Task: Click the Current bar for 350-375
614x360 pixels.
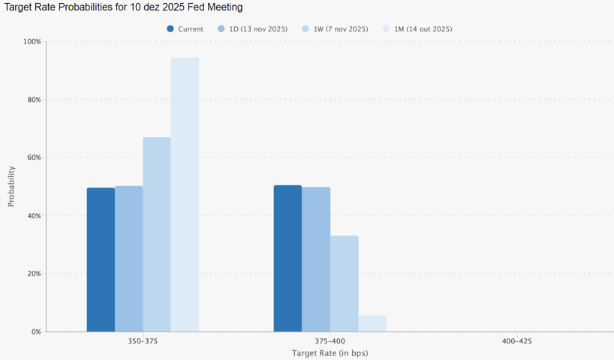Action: [101, 259]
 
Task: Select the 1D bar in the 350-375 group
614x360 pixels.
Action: [128, 259]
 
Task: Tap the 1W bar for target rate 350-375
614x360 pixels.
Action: [157, 234]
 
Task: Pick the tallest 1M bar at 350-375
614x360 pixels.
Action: [185, 194]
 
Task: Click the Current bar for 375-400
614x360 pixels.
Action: [287, 258]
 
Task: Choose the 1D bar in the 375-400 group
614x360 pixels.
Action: [316, 259]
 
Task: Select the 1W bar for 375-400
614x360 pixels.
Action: [344, 283]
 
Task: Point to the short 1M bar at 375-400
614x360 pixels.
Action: [372, 323]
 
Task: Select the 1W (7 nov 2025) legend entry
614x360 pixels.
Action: [335, 29]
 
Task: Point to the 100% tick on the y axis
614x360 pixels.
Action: [32, 41]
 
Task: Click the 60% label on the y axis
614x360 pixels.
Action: [34, 157]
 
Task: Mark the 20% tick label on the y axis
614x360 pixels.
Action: [34, 274]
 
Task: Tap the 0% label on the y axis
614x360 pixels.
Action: [36, 331]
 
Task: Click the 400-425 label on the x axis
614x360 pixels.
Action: [516, 341]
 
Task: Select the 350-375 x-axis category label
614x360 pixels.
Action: [143, 341]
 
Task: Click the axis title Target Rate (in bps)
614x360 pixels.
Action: [330, 352]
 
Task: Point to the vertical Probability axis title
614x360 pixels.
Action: [11, 186]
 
